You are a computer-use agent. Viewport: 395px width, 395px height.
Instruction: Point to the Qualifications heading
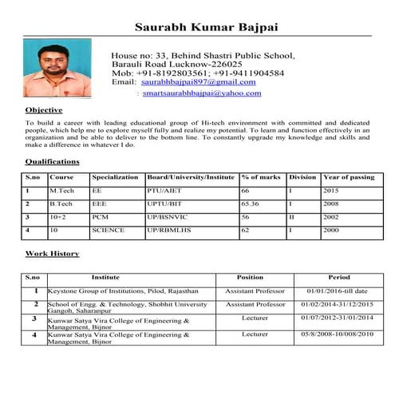pos(52,162)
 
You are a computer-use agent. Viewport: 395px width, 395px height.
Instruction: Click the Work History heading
pos(52,254)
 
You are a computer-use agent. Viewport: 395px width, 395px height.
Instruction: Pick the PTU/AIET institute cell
pos(163,192)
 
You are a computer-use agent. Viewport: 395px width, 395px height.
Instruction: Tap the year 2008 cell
pos(331,204)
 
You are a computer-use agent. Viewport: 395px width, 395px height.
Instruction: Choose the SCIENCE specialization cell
pos(108,230)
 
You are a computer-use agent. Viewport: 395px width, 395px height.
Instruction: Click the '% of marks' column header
pos(261,176)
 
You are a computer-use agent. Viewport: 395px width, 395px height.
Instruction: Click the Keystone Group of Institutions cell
pos(123,291)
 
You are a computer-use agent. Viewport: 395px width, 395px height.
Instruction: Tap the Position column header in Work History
pos(251,278)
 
